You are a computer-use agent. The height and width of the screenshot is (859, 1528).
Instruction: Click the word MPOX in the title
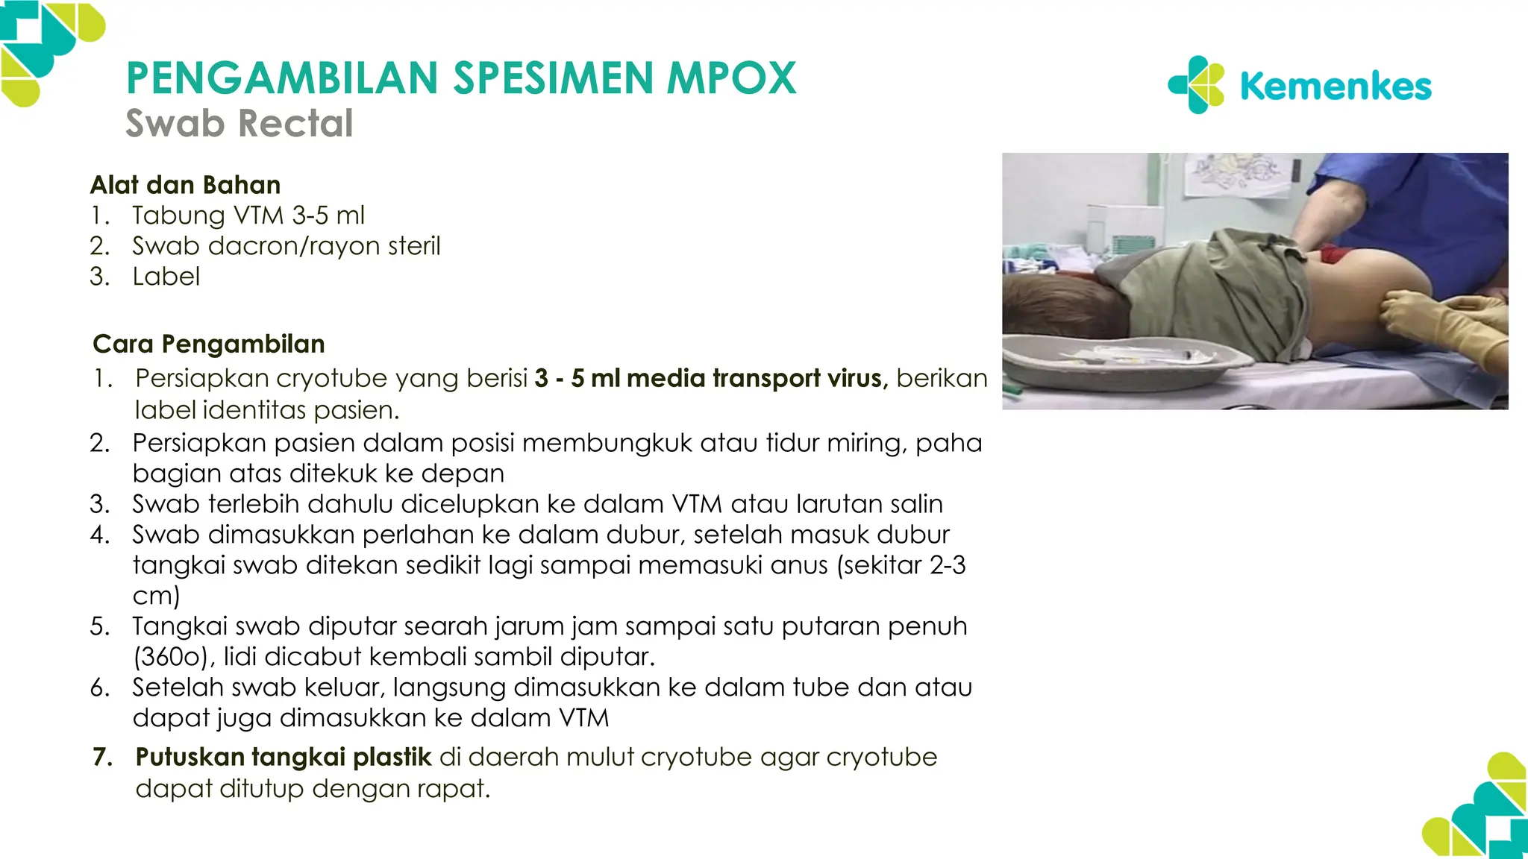[731, 78]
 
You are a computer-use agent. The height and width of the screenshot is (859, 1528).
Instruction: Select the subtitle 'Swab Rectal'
[239, 124]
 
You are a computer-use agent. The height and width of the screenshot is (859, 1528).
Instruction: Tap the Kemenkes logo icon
[1196, 85]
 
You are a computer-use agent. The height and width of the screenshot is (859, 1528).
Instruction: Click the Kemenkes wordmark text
[1336, 86]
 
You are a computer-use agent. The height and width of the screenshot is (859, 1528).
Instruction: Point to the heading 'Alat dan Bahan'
[186, 185]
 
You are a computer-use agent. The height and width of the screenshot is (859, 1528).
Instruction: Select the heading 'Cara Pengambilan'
[209, 344]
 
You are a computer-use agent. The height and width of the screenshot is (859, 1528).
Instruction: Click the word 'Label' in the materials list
[166, 277]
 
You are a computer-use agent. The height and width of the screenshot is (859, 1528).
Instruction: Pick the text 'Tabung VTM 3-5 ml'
[248, 215]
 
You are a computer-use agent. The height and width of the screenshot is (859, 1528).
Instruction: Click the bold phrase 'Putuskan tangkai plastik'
[284, 757]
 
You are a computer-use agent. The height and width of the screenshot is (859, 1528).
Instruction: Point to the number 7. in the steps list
[102, 757]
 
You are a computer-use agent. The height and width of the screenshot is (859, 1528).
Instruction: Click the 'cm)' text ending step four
[157, 596]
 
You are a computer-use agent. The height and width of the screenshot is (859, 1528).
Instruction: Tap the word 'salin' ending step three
[917, 504]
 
